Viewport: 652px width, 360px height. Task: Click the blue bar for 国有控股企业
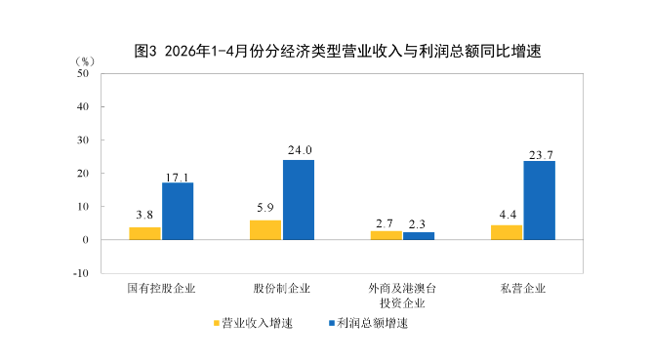pyautogui.click(x=178, y=211)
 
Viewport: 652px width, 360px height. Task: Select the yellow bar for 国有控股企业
pyautogui.click(x=144, y=233)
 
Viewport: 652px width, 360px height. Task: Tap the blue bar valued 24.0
pyautogui.click(x=299, y=200)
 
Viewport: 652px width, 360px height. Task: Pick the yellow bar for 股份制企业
pyautogui.click(x=265, y=230)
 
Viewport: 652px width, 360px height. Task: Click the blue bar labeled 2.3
pyautogui.click(x=419, y=236)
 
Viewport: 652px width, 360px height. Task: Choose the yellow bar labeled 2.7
pyautogui.click(x=387, y=235)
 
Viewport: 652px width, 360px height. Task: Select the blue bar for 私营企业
pyautogui.click(x=540, y=200)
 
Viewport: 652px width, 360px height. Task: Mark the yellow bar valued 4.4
pyautogui.click(x=507, y=233)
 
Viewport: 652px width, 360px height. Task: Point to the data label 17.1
pyautogui.click(x=177, y=178)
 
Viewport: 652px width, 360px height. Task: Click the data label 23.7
pyautogui.click(x=541, y=155)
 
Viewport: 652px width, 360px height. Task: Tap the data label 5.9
pyautogui.click(x=265, y=208)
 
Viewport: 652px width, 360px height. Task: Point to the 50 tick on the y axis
pyautogui.click(x=83, y=73)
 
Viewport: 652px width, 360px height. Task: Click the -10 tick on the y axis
pyautogui.click(x=81, y=273)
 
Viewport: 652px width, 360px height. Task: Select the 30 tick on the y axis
pyautogui.click(x=83, y=140)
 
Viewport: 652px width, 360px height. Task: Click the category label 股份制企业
pyautogui.click(x=282, y=288)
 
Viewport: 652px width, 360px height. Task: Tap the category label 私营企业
pyautogui.click(x=523, y=288)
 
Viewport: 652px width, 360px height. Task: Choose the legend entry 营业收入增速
pyautogui.click(x=253, y=323)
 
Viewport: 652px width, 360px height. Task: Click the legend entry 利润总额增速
pyautogui.click(x=368, y=323)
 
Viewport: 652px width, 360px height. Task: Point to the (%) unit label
pyautogui.click(x=85, y=61)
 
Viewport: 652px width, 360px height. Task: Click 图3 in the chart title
pyautogui.click(x=145, y=51)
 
